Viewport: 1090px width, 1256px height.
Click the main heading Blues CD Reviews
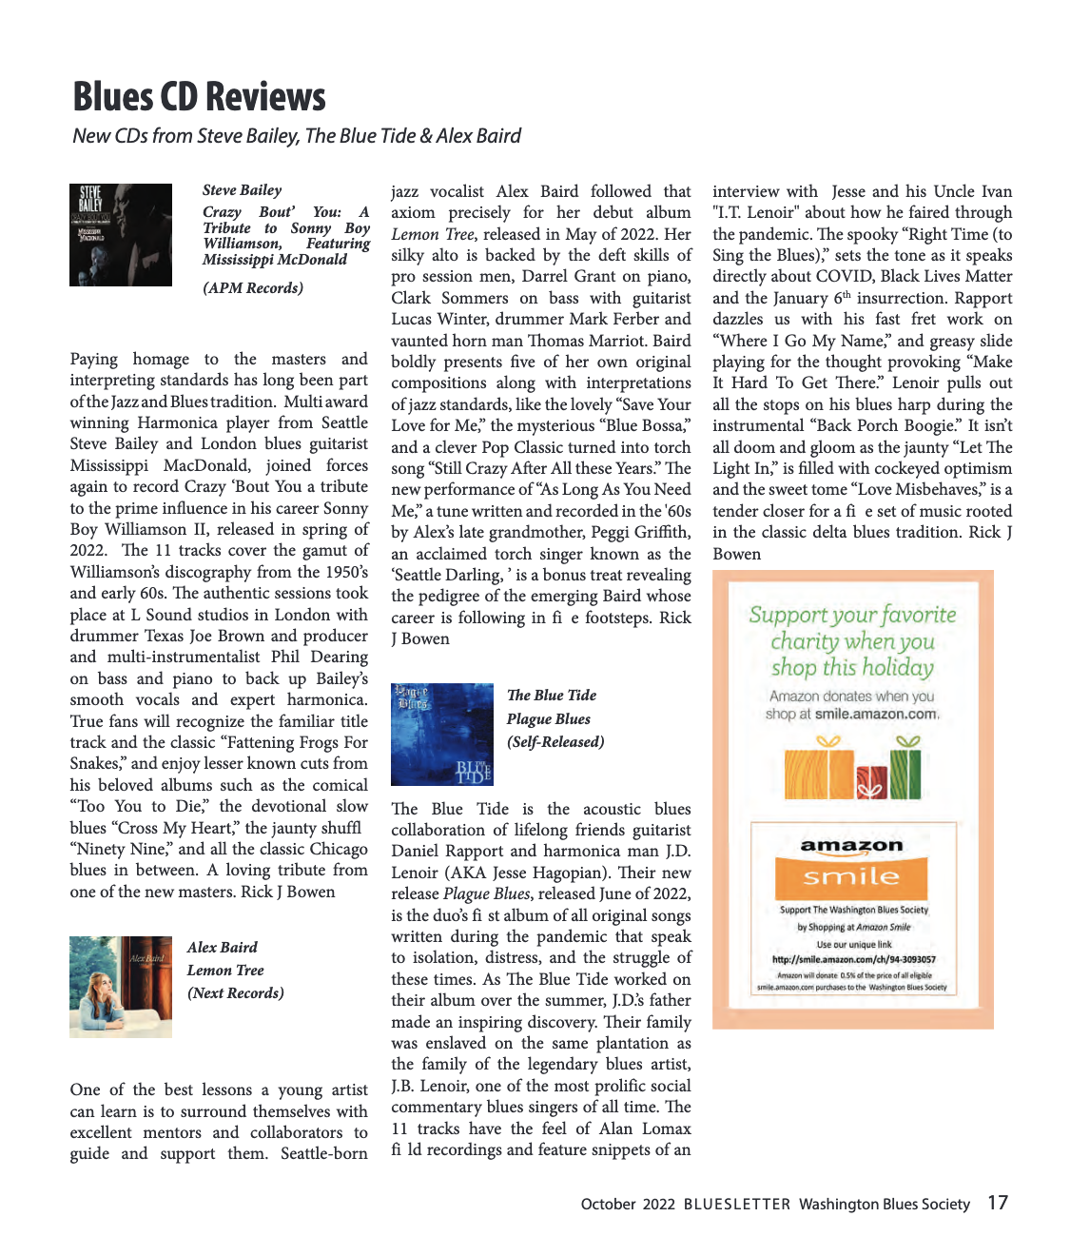coord(199,97)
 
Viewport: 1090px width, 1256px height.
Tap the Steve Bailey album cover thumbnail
coord(121,235)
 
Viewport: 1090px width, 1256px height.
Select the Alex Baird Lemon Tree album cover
coord(121,987)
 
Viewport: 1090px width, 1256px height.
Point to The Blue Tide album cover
coord(442,734)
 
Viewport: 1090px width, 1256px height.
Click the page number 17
coord(997,1203)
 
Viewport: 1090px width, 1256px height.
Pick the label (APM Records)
coord(253,288)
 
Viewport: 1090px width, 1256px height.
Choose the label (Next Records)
coord(236,993)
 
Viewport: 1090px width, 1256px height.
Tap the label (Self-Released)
coord(555,742)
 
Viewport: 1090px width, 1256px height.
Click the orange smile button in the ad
coord(851,877)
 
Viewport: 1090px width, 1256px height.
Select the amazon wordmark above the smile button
coord(851,845)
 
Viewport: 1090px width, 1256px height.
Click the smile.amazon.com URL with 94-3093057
coord(853,959)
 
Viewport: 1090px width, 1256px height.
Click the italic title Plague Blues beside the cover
coord(549,719)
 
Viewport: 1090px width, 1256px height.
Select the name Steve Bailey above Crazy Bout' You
coord(243,190)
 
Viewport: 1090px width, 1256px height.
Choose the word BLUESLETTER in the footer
coord(736,1205)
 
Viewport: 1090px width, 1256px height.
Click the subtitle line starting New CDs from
coord(297,136)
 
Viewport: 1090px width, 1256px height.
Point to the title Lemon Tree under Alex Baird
coord(225,971)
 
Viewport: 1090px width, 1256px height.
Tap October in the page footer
coord(608,1205)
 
